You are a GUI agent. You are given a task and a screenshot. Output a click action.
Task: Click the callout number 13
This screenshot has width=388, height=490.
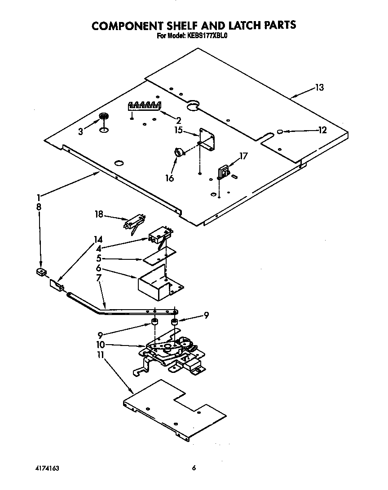(319, 88)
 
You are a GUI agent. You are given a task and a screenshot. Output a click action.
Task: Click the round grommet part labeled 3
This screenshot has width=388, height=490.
(104, 117)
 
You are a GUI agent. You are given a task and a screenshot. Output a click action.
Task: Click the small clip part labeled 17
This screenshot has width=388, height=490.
(223, 171)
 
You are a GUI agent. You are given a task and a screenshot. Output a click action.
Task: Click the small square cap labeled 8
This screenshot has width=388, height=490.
(41, 272)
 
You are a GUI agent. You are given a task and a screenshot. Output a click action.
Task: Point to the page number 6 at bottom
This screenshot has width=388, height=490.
(194, 468)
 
